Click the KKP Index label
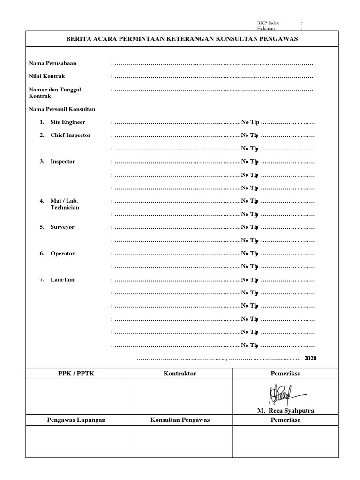pos(268,23)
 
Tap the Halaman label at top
pos(266,28)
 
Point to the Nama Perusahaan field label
pos(52,63)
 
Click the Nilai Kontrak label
pos(47,76)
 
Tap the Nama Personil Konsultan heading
pos(62,109)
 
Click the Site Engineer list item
pos(68,122)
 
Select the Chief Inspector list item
pos(71,135)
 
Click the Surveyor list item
pos(63,227)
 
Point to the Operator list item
pos(63,254)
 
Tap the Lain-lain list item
pos(62,280)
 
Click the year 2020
pos(310,358)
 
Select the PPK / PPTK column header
pos(76,374)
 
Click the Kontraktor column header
pos(180,374)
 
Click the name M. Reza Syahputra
pos(285,411)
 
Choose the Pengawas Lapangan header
pos(76,420)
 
